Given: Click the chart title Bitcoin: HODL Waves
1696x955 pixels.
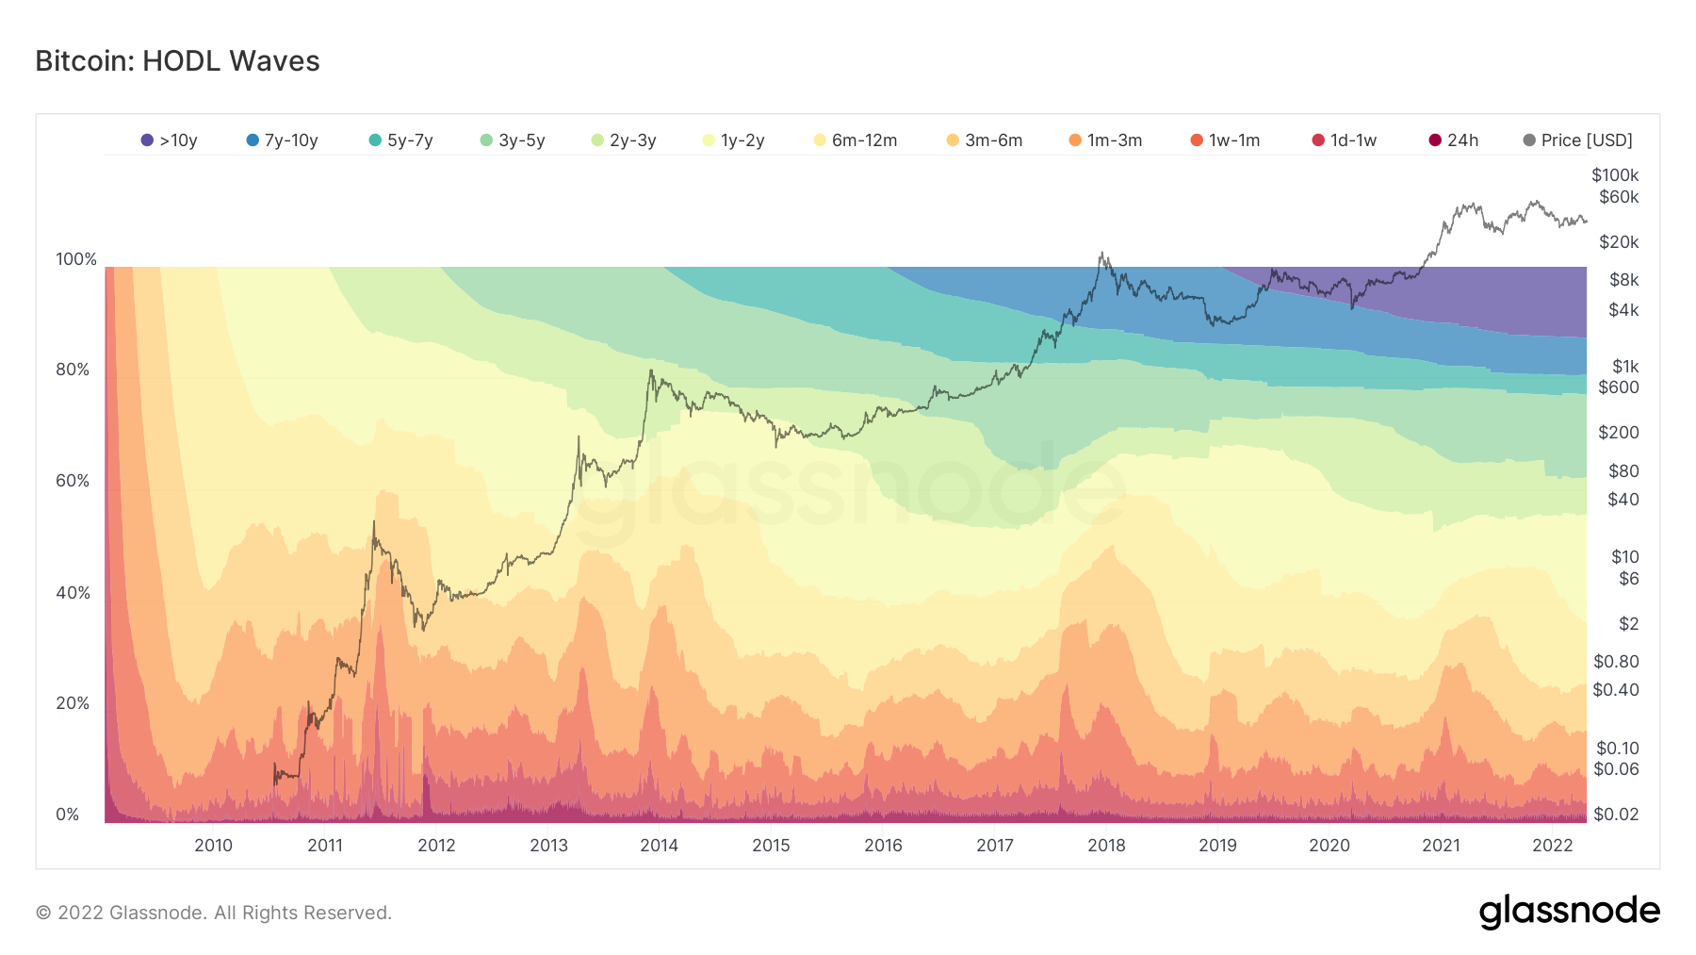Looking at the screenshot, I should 177,61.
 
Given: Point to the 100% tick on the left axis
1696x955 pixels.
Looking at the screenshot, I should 76,259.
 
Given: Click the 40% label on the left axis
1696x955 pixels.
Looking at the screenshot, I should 73,593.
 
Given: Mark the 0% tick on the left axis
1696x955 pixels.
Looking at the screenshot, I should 68,815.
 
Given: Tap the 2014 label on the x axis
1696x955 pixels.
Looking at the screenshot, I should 659,846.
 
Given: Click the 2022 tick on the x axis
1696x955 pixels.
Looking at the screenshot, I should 1552,846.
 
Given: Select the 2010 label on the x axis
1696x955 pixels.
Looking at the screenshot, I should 213,846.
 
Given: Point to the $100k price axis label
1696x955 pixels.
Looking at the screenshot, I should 1615,175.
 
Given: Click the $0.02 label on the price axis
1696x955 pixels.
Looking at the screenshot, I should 1615,815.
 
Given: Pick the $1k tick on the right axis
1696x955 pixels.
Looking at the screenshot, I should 1625,367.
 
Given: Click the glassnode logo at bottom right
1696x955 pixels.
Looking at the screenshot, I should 1569,912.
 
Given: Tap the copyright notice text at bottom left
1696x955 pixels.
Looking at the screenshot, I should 214,913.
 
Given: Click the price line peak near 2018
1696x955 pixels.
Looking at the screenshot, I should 1101,254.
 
